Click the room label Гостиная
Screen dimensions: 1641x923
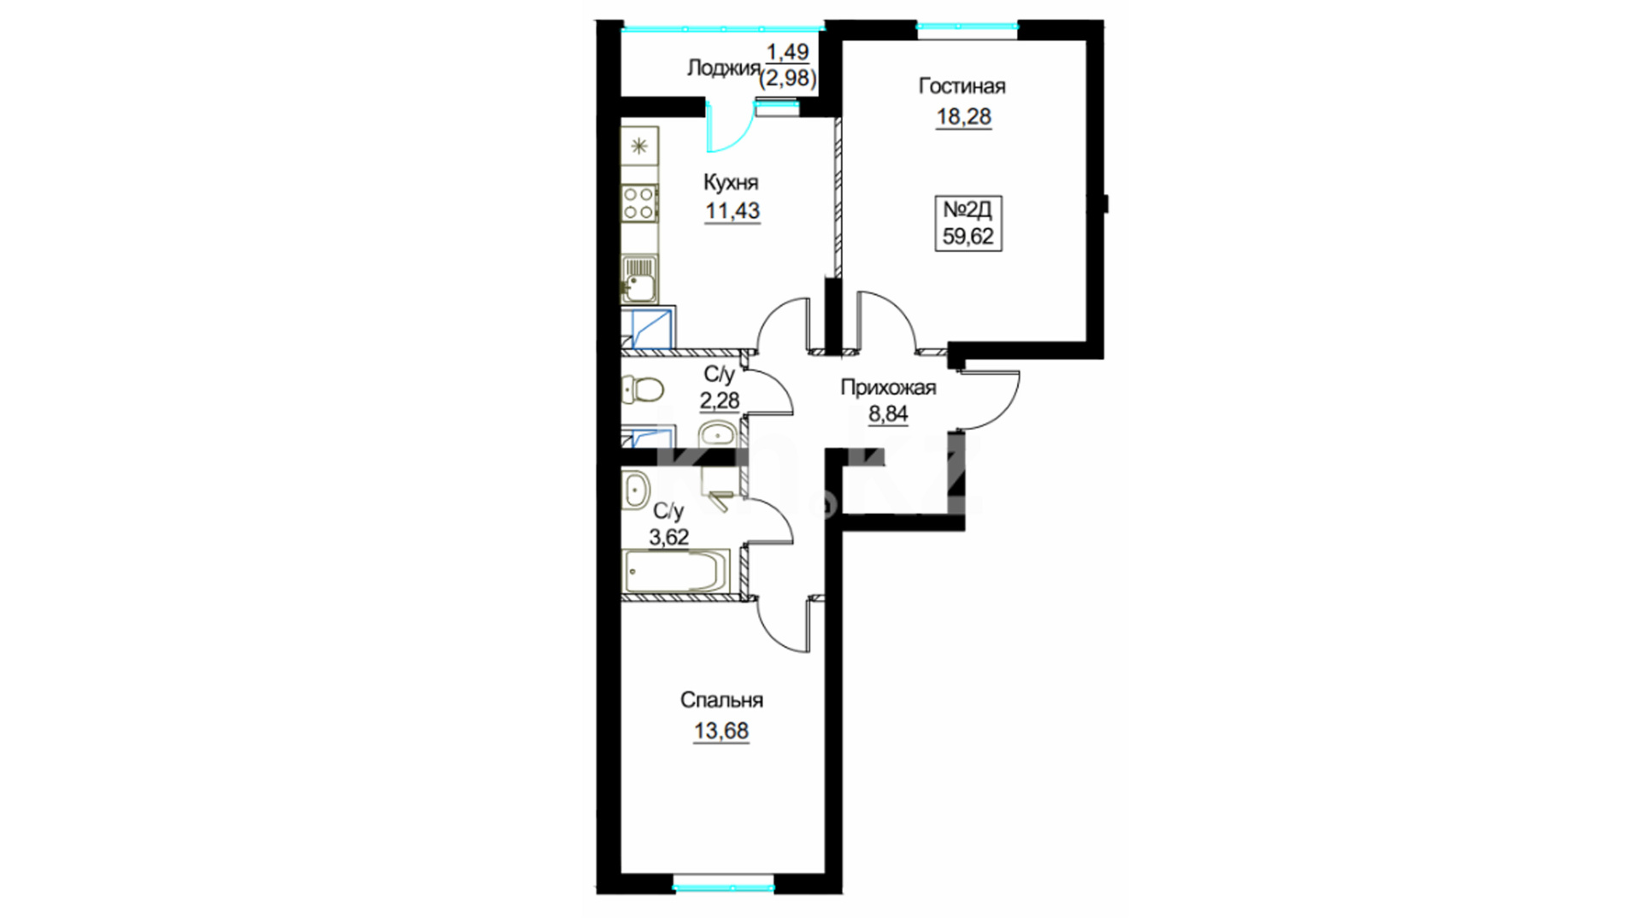pyautogui.click(x=962, y=86)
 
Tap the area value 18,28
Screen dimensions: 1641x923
pyautogui.click(x=963, y=116)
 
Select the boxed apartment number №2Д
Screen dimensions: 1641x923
pyautogui.click(x=968, y=209)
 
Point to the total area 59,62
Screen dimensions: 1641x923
pyautogui.click(x=968, y=236)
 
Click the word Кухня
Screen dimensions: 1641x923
pyautogui.click(x=731, y=182)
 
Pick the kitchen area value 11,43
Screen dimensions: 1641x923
pyautogui.click(x=732, y=211)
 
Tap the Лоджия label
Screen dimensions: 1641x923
pyautogui.click(x=723, y=68)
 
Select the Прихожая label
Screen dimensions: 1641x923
pyautogui.click(x=888, y=387)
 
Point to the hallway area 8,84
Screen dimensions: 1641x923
pyautogui.click(x=888, y=414)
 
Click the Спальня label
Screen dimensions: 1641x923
pyautogui.click(x=721, y=701)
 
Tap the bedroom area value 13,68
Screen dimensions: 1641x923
pyautogui.click(x=721, y=732)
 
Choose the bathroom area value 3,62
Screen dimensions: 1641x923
pyautogui.click(x=669, y=538)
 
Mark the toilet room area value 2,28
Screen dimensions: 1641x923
pyautogui.click(x=720, y=400)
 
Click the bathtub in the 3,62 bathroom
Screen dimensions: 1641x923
pyautogui.click(x=676, y=570)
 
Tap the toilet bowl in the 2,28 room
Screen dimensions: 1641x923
pyautogui.click(x=642, y=391)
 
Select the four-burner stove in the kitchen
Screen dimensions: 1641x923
pyautogui.click(x=639, y=203)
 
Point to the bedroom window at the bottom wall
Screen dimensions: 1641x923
pyautogui.click(x=723, y=887)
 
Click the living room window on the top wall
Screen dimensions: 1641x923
pyautogui.click(x=968, y=26)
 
